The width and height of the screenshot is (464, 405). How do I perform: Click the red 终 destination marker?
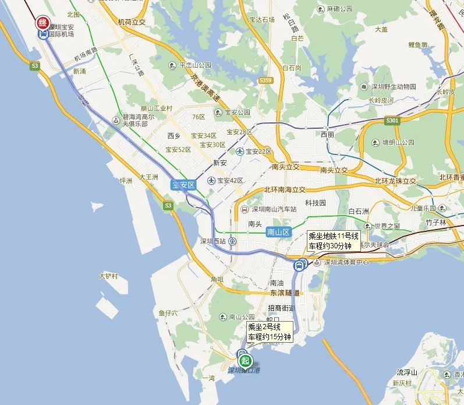[42, 23]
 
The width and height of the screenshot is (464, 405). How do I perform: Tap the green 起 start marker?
[246, 360]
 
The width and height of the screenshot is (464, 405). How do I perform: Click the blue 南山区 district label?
[278, 232]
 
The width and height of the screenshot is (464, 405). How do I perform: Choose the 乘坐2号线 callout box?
[269, 332]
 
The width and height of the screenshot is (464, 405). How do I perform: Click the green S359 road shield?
[265, 80]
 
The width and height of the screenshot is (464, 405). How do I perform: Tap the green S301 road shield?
[392, 121]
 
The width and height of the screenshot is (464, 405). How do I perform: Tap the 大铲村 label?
[108, 276]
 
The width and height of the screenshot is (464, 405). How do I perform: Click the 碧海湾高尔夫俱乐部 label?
[139, 120]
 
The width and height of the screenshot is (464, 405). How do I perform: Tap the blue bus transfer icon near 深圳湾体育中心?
[300, 265]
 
